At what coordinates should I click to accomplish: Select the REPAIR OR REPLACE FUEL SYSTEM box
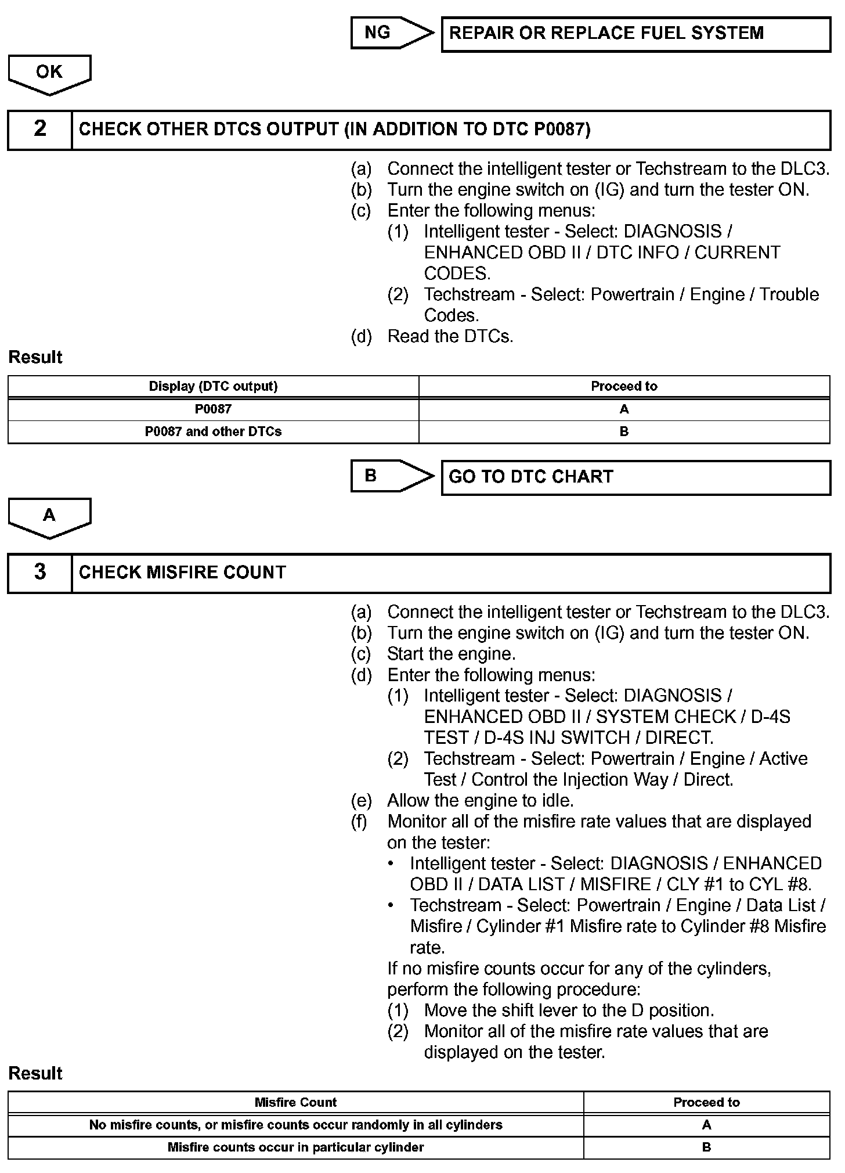tap(635, 34)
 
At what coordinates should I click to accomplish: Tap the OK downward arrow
tap(49, 73)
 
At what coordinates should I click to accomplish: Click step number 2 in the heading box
tap(40, 129)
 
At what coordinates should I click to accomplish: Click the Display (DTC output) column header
tap(213, 386)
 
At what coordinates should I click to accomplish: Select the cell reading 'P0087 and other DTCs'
tap(213, 431)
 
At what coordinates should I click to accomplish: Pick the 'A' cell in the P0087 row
tap(624, 409)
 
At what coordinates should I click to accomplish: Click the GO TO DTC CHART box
tap(635, 477)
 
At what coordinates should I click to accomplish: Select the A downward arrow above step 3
tap(49, 516)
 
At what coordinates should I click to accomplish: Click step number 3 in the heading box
tap(40, 572)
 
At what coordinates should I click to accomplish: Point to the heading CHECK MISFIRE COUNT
tap(182, 573)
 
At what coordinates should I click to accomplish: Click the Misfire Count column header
tap(295, 1102)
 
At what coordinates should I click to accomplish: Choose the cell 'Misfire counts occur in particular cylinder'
tap(295, 1147)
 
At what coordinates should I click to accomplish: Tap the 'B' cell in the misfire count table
tap(706, 1147)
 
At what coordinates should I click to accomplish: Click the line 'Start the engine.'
tap(451, 654)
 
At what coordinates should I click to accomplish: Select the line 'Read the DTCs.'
tap(450, 336)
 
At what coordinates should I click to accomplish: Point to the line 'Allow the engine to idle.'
tap(480, 801)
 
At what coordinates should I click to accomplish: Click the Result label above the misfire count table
tap(35, 1073)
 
